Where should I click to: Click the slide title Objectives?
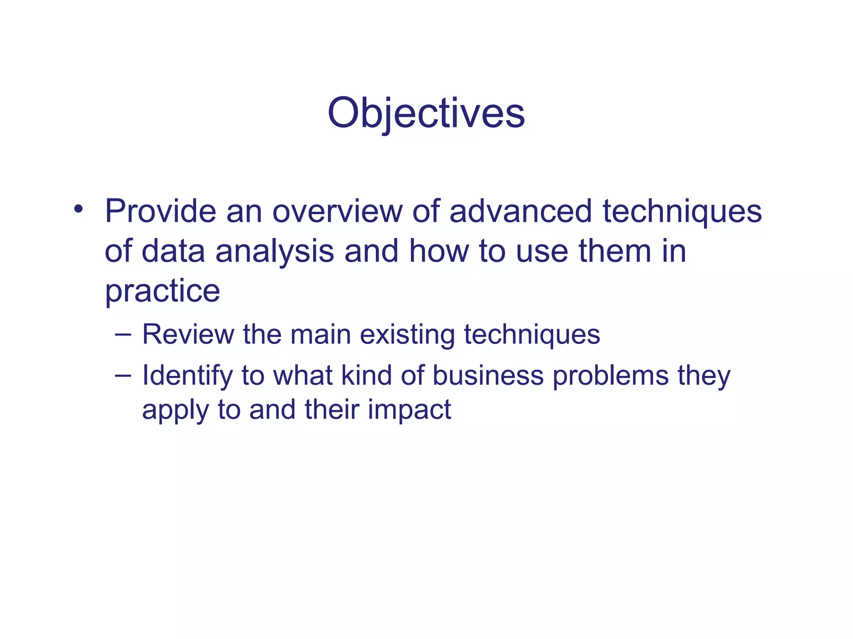click(x=426, y=113)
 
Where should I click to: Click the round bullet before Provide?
click(x=78, y=209)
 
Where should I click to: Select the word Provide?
click(x=160, y=211)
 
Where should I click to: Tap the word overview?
click(x=337, y=211)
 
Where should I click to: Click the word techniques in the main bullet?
click(x=682, y=211)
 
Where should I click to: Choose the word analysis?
click(x=275, y=252)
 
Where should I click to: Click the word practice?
click(x=162, y=291)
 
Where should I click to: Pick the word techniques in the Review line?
click(x=532, y=335)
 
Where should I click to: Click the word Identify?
click(x=187, y=376)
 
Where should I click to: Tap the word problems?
click(x=611, y=376)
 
